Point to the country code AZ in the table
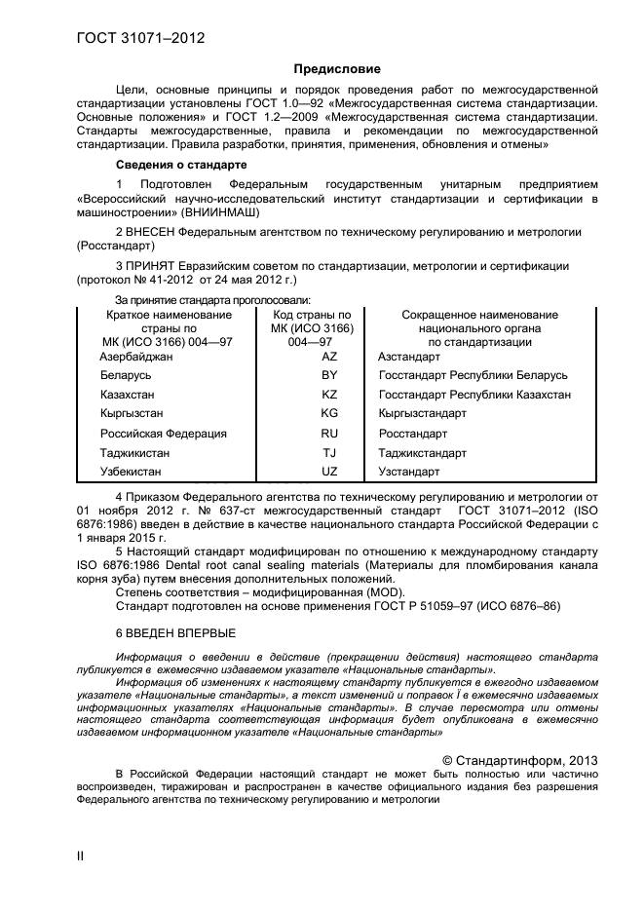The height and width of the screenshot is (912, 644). click(328, 357)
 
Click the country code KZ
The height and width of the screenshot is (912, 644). click(328, 395)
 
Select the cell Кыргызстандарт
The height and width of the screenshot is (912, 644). click(423, 414)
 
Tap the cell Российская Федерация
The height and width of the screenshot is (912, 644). click(163, 434)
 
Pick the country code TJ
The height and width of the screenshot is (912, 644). click(328, 453)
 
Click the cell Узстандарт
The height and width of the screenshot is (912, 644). click(409, 473)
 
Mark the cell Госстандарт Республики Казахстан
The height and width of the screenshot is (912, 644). click(474, 395)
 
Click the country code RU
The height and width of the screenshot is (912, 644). click(328, 434)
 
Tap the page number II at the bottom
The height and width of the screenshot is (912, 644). click(81, 855)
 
